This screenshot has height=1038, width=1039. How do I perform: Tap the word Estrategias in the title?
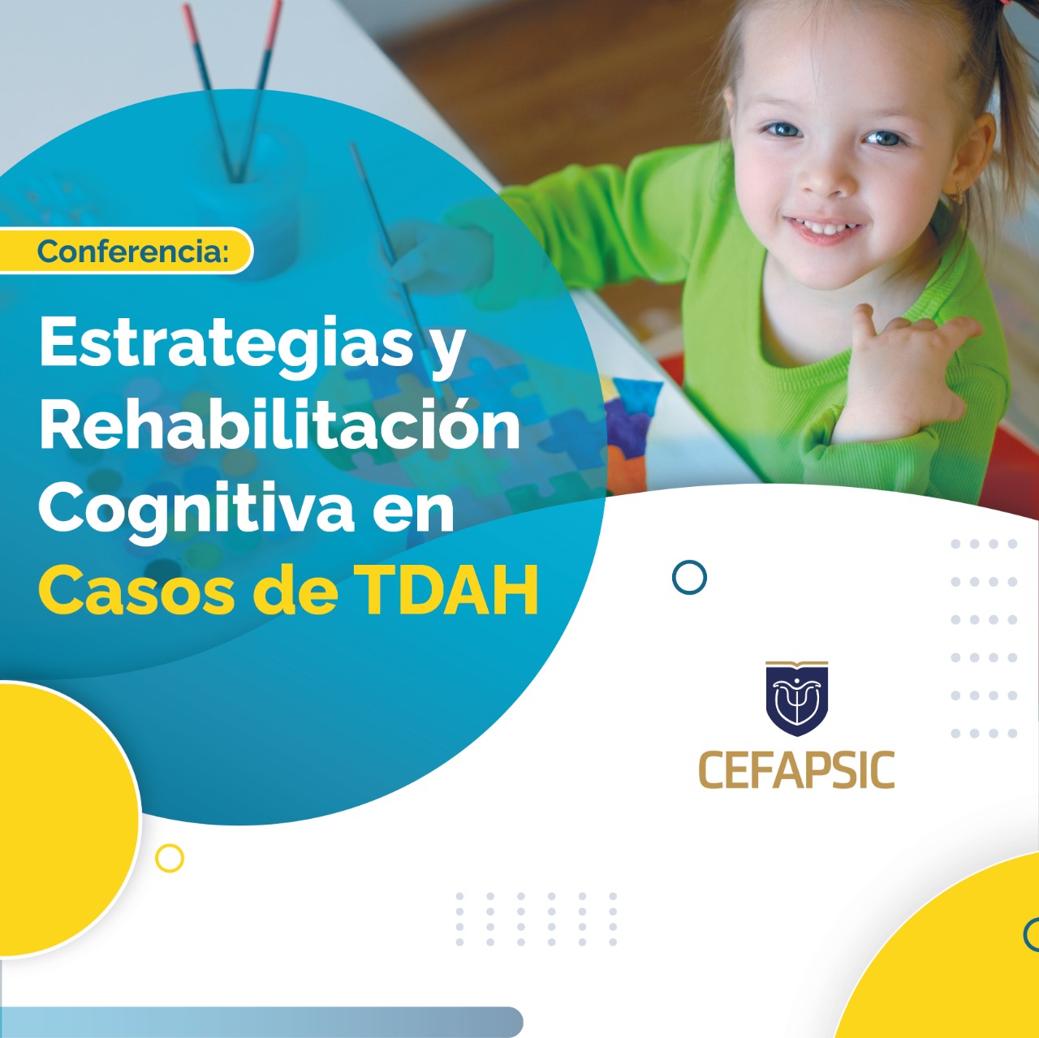point(226,345)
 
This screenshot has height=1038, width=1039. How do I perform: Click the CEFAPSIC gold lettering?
point(797,770)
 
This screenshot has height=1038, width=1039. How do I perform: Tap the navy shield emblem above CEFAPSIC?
point(797,698)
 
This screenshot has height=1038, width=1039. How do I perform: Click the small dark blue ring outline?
point(689,577)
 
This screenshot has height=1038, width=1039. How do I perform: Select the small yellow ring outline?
point(170,858)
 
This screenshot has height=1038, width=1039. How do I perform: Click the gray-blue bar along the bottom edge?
point(261,1023)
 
